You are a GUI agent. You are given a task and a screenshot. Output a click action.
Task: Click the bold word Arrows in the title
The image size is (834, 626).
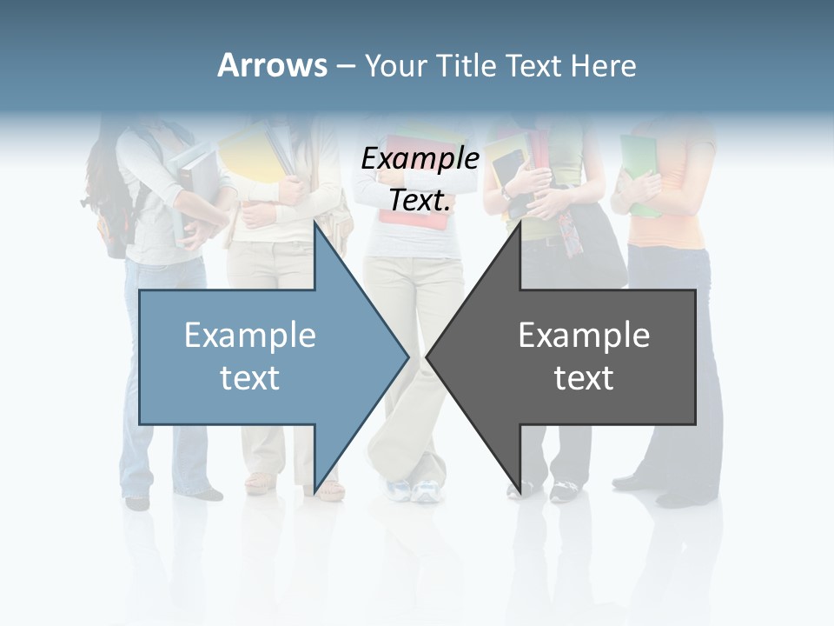(x=273, y=65)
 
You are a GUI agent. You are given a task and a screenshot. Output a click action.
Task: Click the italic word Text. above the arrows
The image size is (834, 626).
(x=420, y=200)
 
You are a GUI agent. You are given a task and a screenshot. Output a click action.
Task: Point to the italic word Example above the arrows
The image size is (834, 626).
(x=420, y=158)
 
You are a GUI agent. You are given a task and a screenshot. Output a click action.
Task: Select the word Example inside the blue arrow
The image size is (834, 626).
(x=250, y=335)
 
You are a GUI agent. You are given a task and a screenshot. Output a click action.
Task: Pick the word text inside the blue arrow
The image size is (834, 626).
(x=250, y=377)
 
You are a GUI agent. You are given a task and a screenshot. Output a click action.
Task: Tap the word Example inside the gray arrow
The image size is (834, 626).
(x=584, y=335)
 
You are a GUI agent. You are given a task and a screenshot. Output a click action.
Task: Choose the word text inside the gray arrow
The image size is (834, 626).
(x=584, y=377)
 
